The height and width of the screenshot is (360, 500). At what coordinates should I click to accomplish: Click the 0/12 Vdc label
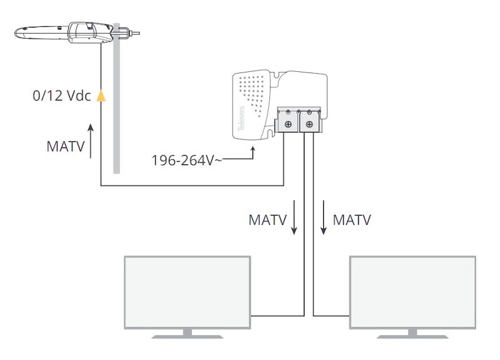62,96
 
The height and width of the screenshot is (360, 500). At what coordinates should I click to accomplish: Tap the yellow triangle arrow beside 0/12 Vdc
101,96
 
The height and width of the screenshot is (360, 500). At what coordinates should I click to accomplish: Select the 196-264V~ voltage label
186,160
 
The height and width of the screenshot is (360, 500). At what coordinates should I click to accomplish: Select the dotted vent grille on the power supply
256,91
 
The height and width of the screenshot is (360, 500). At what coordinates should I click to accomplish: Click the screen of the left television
187,292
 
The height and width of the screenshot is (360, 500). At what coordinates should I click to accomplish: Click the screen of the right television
412,292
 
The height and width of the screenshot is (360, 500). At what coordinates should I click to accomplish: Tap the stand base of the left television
187,336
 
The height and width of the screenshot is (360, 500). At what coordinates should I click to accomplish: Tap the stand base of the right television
412,336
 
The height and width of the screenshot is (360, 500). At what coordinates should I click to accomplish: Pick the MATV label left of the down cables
267,220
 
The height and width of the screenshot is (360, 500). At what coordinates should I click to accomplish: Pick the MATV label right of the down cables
352,220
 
